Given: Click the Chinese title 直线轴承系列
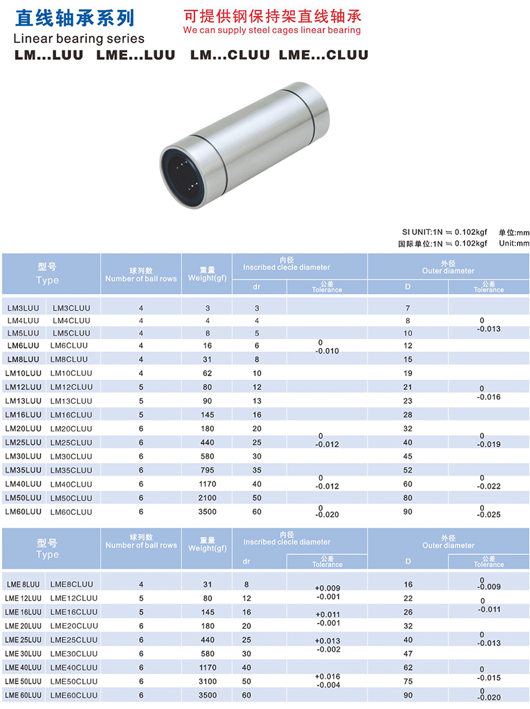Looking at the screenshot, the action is tap(75, 18).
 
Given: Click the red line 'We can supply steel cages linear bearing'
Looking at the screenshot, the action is tap(272, 31).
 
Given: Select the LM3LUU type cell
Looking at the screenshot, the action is tap(23, 309).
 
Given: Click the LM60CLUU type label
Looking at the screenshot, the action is tap(71, 512).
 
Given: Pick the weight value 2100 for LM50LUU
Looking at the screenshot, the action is tap(208, 498).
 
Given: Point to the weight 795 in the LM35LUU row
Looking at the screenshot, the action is tap(208, 470).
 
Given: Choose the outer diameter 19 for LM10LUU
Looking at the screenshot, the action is tap(408, 374).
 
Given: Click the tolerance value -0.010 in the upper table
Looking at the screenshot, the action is tap(327, 351).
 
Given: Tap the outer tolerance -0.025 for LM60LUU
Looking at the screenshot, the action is tap(489, 514).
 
